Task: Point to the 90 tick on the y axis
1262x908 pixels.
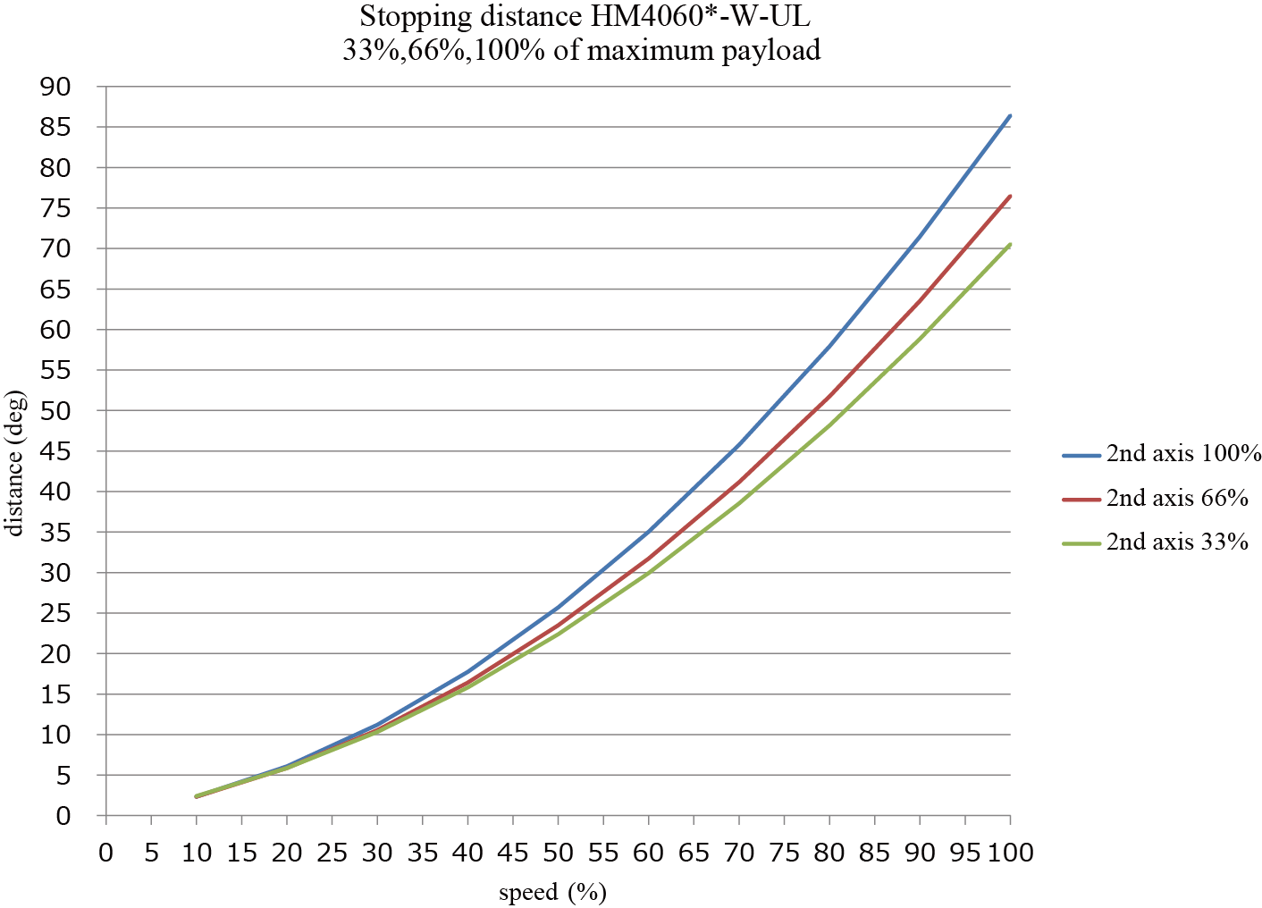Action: (x=55, y=87)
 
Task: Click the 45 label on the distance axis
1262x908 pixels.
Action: (x=55, y=451)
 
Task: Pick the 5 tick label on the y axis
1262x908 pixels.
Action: (x=63, y=776)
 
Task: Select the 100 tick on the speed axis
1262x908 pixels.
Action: (x=1011, y=853)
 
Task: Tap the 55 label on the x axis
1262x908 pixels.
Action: (x=603, y=853)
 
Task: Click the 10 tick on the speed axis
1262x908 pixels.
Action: (x=197, y=853)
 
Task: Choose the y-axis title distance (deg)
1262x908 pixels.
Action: (x=15, y=463)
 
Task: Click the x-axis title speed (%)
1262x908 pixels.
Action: (x=552, y=892)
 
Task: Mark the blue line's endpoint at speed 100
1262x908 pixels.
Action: (x=1010, y=115)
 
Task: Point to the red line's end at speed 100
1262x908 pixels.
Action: (x=1010, y=196)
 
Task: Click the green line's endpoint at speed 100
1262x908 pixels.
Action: (x=1010, y=244)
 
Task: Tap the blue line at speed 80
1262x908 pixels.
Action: (x=829, y=345)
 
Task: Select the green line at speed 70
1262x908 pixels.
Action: (x=739, y=503)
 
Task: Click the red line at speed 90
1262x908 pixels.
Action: (x=920, y=301)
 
